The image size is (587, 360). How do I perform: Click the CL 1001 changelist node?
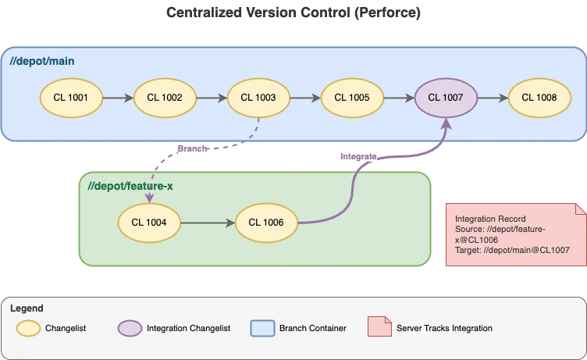(72, 98)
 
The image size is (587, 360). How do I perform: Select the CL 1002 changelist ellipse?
(165, 98)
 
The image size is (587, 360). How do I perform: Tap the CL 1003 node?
(258, 98)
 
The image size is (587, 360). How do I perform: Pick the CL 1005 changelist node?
(352, 98)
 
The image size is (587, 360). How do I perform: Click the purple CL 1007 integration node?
(446, 98)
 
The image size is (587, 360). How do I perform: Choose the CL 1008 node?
(539, 98)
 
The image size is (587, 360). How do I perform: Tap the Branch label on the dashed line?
(192, 148)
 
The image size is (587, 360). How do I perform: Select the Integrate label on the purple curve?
(358, 156)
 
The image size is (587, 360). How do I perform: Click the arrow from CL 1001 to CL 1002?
(118, 98)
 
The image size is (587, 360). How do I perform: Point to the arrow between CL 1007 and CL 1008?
(493, 98)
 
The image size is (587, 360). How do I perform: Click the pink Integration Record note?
(514, 234)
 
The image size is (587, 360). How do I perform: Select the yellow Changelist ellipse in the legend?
(30, 328)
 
